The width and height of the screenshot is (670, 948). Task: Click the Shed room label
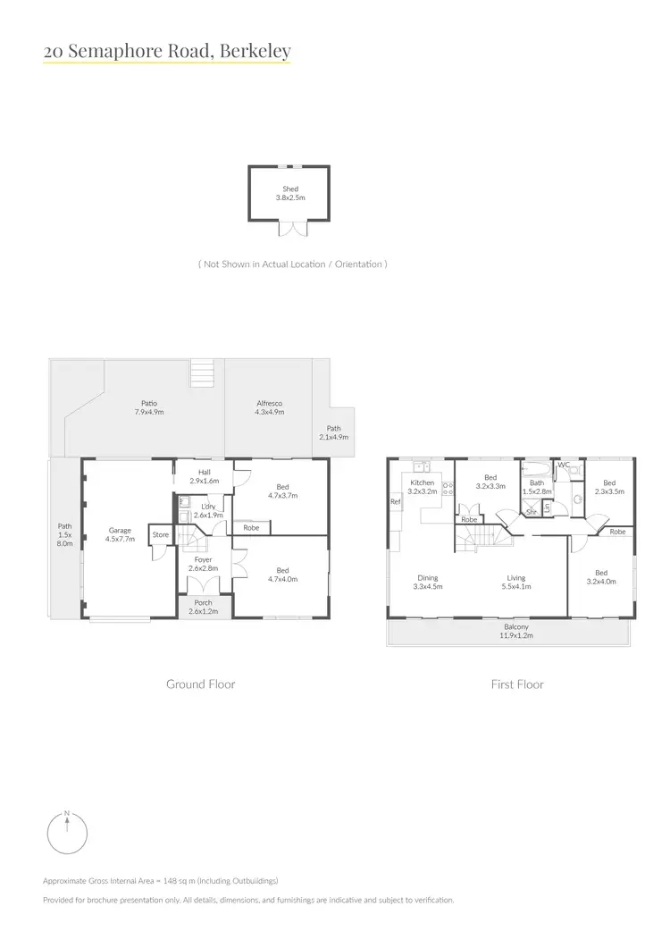tap(290, 193)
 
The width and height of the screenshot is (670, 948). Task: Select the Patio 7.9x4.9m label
tap(148, 407)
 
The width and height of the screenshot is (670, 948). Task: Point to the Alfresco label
tap(270, 407)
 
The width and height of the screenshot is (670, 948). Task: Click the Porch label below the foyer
tap(205, 607)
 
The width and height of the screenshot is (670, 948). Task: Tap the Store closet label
tap(160, 535)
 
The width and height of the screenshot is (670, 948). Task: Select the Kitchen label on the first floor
tap(422, 487)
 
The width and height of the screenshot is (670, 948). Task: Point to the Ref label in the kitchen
tap(395, 502)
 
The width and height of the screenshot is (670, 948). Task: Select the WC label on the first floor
tap(564, 465)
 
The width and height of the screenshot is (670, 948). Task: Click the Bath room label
tap(536, 487)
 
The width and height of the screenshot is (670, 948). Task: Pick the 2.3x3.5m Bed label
tap(611, 487)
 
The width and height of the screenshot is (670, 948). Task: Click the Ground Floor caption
tap(201, 684)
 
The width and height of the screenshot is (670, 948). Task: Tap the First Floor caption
tap(517, 684)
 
